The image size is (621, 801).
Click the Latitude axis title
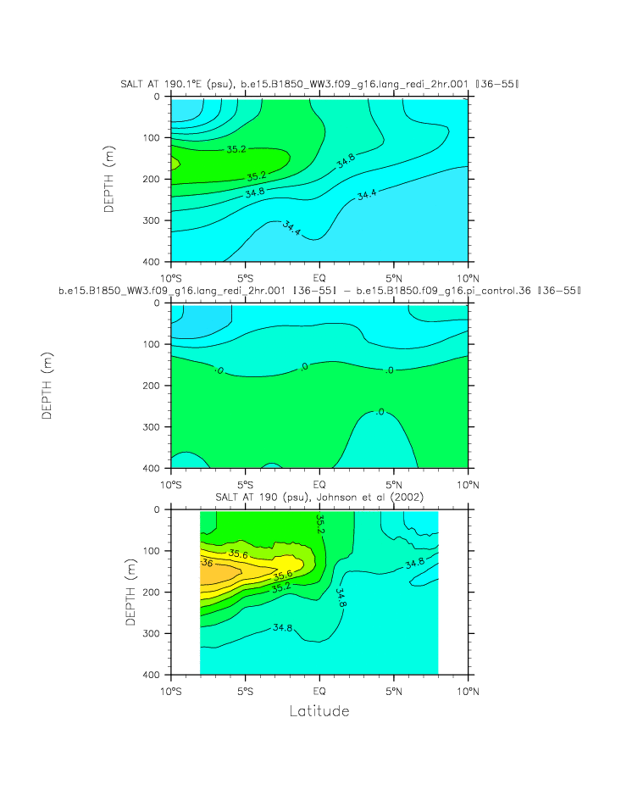319,710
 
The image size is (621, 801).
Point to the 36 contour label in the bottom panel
206,562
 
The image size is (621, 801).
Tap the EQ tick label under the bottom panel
320,691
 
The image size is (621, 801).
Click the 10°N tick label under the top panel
469,277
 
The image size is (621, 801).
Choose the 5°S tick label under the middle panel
245,484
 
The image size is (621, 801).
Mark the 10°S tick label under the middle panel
171,484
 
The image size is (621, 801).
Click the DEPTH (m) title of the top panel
110,179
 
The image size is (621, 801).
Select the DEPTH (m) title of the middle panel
48,386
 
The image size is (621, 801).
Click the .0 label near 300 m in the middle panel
380,412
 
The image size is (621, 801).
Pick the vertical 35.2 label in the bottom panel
320,523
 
